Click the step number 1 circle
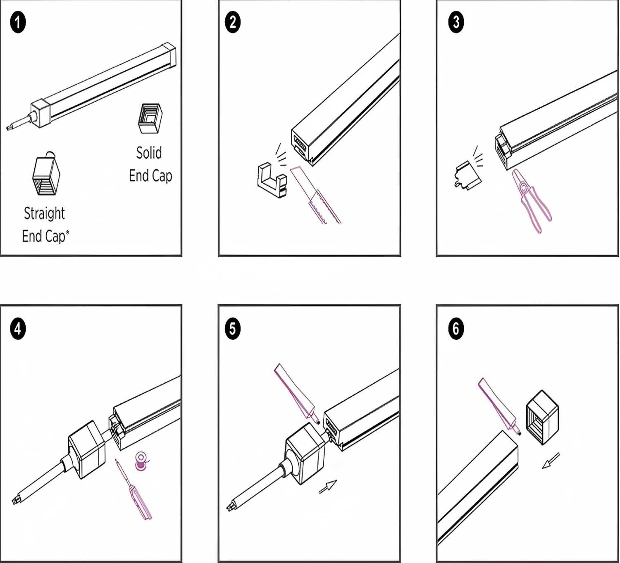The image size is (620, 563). pyautogui.click(x=18, y=22)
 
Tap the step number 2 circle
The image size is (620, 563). pyautogui.click(x=233, y=22)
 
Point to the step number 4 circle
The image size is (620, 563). pyautogui.click(x=18, y=329)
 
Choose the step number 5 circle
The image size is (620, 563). pyautogui.click(x=233, y=329)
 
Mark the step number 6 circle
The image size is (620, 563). pyautogui.click(x=456, y=329)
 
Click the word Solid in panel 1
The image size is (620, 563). pyautogui.click(x=149, y=153)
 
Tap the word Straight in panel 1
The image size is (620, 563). pyautogui.click(x=44, y=213)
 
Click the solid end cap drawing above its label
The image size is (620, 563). pyautogui.click(x=150, y=118)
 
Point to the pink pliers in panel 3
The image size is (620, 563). pyautogui.click(x=531, y=200)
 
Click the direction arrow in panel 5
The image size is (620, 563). pyautogui.click(x=328, y=487)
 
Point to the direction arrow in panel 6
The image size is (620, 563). pyautogui.click(x=551, y=460)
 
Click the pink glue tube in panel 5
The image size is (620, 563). pyautogui.click(x=294, y=391)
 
